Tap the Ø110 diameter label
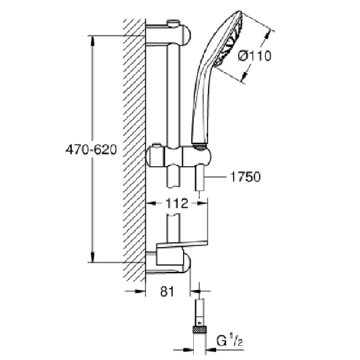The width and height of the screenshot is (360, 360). point(255,57)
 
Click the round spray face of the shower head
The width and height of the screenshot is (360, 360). point(232,42)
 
